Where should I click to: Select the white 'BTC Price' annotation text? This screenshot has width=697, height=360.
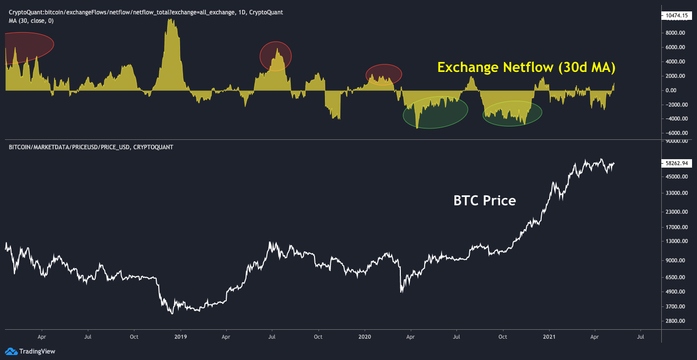click(x=485, y=201)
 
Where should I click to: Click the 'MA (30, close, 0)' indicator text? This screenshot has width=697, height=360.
click(x=31, y=21)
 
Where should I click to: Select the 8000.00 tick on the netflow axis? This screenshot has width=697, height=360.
click(x=676, y=33)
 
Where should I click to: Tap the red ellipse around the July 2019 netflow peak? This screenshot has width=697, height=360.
click(x=275, y=56)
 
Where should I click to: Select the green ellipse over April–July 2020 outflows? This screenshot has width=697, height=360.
click(x=435, y=113)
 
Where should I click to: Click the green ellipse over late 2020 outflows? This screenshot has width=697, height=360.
click(x=512, y=113)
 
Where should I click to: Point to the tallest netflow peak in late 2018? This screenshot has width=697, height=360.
click(x=172, y=21)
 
